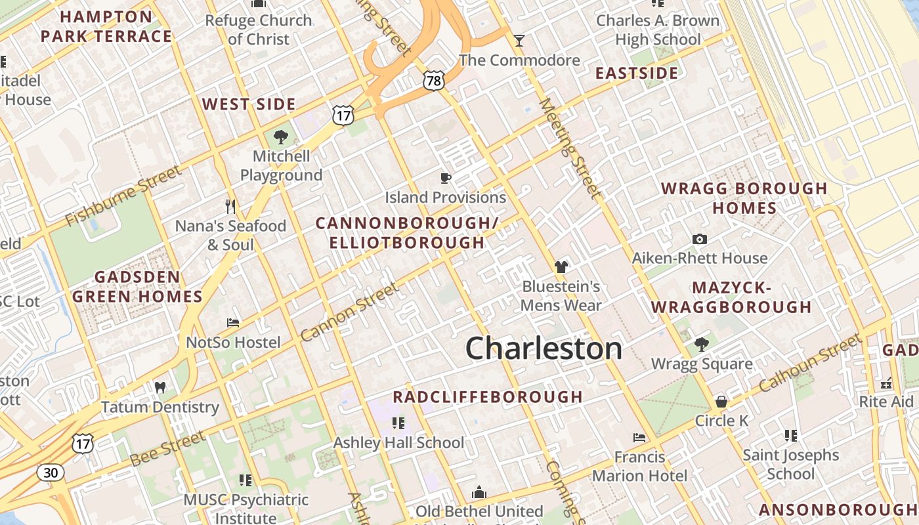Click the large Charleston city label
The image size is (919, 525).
(544, 348)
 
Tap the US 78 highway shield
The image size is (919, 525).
(434, 81)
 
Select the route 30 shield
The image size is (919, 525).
(50, 472)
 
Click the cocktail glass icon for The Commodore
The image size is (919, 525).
(519, 41)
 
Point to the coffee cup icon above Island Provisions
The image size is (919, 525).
(446, 178)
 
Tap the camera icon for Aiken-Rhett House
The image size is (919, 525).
(700, 240)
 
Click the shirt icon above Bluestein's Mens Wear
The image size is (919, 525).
(561, 267)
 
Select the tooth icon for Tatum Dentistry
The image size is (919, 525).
(160, 388)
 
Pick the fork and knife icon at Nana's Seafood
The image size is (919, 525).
(230, 207)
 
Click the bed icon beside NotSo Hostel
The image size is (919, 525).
(233, 323)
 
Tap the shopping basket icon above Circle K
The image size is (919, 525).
(721, 401)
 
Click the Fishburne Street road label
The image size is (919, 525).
(123, 195)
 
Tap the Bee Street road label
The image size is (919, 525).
(167, 449)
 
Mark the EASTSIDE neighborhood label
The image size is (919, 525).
(636, 73)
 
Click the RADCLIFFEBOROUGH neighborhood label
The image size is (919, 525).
(488, 396)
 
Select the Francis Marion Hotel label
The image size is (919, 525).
(640, 466)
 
